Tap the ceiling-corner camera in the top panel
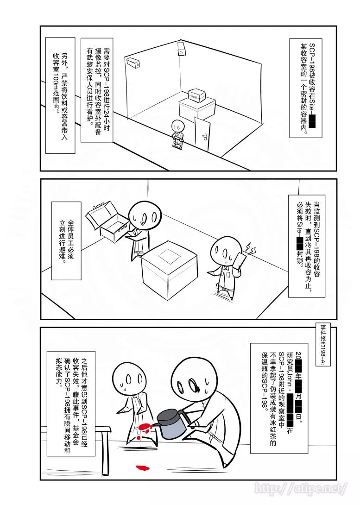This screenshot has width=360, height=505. click(181, 48)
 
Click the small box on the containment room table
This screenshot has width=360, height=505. click(196, 95)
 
